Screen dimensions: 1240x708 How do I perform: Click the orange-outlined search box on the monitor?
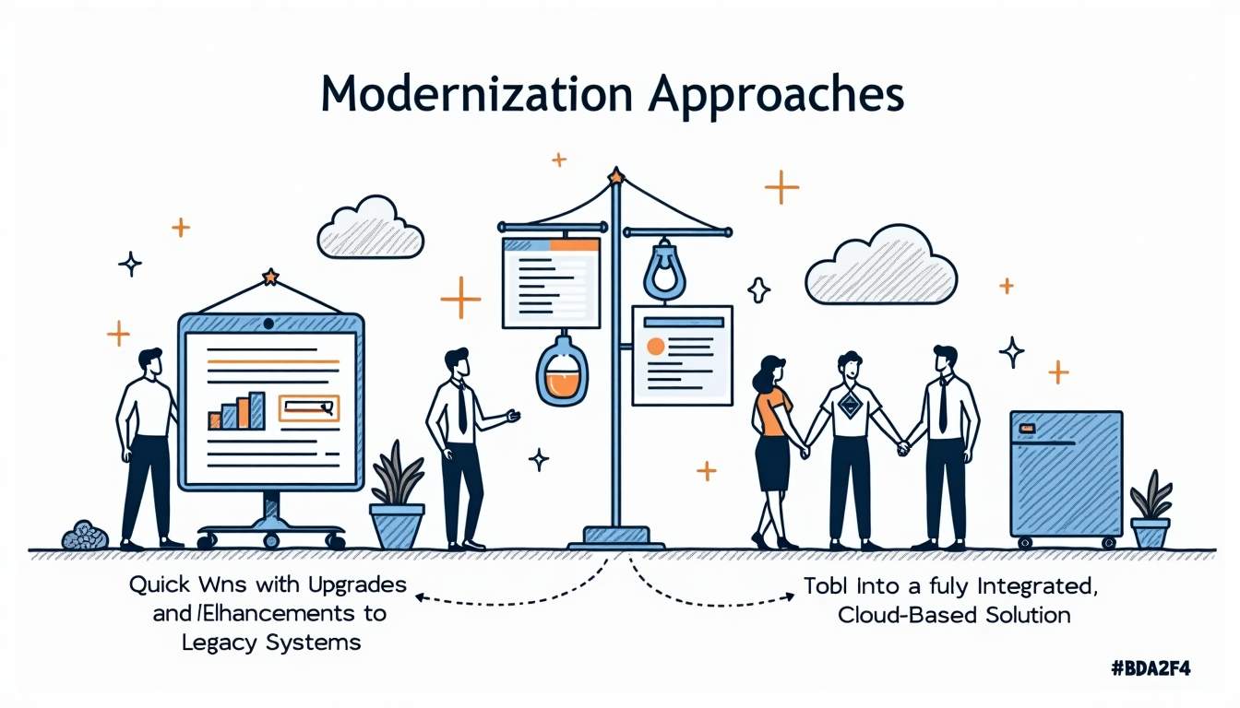308,407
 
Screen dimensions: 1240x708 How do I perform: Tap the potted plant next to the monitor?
397,502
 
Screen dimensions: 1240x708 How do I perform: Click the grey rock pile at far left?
85,536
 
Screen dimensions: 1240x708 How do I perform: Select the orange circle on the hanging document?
656,347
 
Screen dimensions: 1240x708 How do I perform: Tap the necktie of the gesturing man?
461,410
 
